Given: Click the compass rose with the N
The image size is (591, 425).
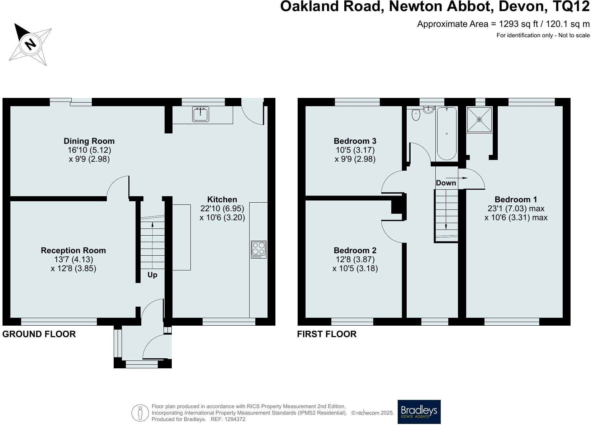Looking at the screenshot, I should click(x=30, y=44).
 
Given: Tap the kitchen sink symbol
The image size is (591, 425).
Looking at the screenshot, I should click(x=200, y=114).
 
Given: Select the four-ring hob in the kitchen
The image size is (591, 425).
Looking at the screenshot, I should click(x=259, y=250).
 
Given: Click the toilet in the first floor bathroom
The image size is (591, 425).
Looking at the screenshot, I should click(x=416, y=115).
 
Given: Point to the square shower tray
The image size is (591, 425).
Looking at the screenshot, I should click(x=479, y=119).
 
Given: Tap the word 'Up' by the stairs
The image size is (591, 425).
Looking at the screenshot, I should click(x=152, y=275).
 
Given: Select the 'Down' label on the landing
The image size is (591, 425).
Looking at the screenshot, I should click(x=446, y=183).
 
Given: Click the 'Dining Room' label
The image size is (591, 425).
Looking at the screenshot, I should click(x=89, y=141).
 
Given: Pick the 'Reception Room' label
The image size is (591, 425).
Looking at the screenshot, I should click(x=73, y=250).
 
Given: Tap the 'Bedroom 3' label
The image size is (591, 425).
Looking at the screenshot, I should click(x=355, y=141).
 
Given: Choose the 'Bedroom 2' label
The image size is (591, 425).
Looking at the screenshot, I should click(x=355, y=250).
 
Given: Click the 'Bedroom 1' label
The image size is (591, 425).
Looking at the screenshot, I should click(x=516, y=199).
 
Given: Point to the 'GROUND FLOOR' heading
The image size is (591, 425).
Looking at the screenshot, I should click(x=39, y=334).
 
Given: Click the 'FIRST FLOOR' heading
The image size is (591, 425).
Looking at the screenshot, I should click(x=327, y=334).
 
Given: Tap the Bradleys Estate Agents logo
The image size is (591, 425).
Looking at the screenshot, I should click(x=419, y=412).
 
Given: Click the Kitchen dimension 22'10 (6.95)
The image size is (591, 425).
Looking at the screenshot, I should click(x=222, y=208).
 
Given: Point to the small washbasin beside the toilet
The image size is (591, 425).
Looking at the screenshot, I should click(x=428, y=109).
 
